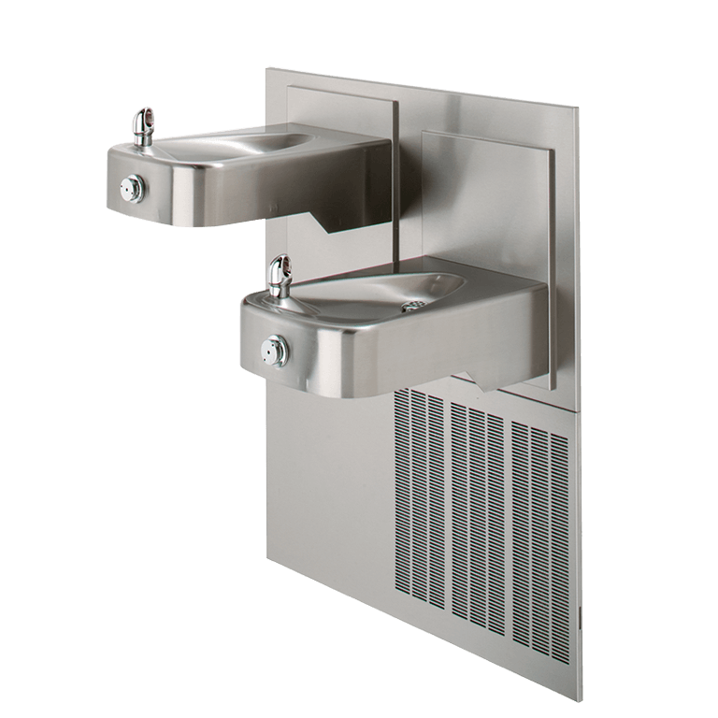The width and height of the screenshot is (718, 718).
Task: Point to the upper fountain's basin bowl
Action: point(243,150)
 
